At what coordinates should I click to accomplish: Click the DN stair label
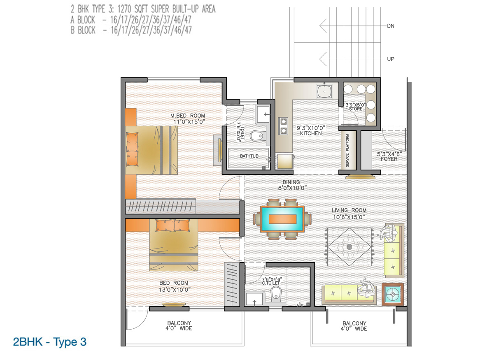[391, 26]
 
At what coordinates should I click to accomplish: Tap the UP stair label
[391, 59]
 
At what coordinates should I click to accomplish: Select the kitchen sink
[324, 91]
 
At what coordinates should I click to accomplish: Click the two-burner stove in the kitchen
[283, 126]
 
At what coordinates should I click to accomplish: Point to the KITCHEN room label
[311, 133]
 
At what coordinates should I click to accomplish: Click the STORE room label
[356, 109]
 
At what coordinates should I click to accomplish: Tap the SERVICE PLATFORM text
[347, 150]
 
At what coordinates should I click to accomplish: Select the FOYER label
[389, 159]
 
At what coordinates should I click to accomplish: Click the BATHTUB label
[249, 156]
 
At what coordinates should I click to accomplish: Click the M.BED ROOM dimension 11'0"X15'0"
[189, 122]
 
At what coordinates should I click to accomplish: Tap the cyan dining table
[282, 219]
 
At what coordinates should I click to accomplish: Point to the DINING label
[291, 182]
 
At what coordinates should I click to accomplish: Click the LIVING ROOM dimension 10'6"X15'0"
[349, 217]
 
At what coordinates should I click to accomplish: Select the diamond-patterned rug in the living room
[350, 247]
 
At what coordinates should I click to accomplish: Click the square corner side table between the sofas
[393, 294]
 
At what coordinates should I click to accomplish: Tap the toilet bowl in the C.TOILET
[276, 293]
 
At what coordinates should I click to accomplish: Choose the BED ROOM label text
[174, 283]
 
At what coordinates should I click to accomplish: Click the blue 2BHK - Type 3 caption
[50, 342]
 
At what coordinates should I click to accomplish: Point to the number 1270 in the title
[125, 9]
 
